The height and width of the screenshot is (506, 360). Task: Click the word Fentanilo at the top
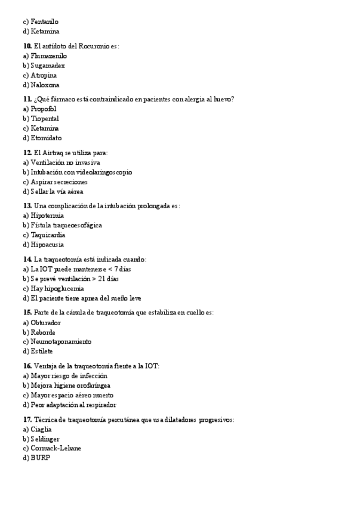(44, 21)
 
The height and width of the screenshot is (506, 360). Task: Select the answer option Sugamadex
(48, 66)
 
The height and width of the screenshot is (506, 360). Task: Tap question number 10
(27, 46)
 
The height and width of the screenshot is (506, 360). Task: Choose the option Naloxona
(45, 85)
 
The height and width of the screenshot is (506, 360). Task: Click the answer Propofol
(43, 109)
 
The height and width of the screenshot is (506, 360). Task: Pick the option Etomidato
(46, 138)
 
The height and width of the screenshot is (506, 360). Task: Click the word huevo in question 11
(222, 99)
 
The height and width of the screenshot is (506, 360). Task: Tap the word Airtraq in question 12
(51, 153)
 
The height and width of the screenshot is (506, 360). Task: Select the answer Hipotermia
(47, 215)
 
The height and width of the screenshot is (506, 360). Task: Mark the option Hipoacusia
(47, 244)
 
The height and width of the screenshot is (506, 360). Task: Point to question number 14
(27, 259)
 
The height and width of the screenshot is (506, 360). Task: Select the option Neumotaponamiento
(61, 341)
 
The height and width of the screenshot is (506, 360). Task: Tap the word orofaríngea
(93, 385)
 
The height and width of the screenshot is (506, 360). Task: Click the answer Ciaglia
(41, 429)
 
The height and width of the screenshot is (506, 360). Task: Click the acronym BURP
(40, 458)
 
